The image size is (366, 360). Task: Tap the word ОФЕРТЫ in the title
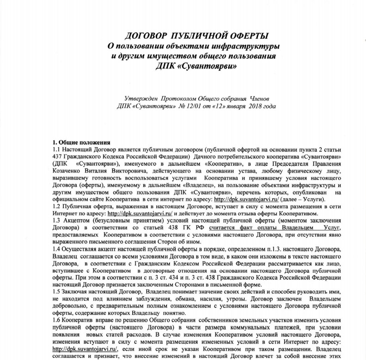click(245, 36)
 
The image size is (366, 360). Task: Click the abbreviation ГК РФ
click(194, 230)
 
